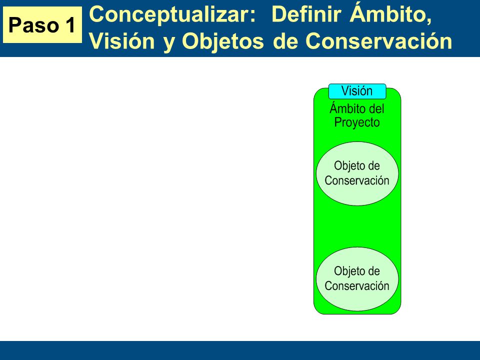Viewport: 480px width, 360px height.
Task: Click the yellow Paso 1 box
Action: point(42,25)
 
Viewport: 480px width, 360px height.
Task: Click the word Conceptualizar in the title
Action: point(172,14)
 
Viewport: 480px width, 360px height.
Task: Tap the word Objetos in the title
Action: point(222,41)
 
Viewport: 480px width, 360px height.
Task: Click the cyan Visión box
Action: point(357,91)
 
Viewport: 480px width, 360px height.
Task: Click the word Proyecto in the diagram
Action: point(357,122)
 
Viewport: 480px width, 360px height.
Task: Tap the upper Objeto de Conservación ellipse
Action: point(357,173)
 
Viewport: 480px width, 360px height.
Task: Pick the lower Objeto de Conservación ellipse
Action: point(357,279)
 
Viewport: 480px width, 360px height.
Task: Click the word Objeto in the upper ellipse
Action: point(346,166)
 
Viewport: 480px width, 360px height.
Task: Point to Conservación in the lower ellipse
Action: point(357,286)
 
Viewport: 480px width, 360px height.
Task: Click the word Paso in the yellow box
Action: point(33,25)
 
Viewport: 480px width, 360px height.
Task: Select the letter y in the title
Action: point(168,43)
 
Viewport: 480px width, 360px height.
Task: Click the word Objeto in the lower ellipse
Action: point(346,271)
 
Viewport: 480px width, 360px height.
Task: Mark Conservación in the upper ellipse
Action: point(357,180)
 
